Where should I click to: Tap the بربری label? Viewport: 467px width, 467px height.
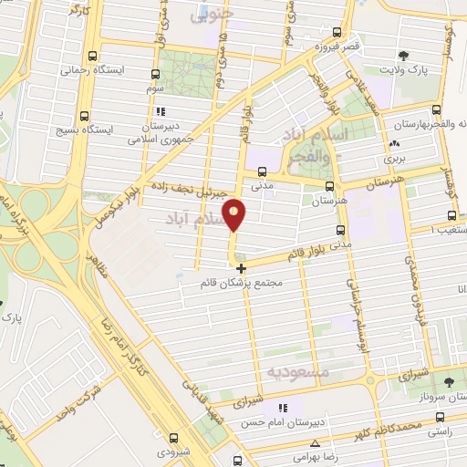394,158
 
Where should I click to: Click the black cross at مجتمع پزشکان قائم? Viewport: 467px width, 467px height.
241,268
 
